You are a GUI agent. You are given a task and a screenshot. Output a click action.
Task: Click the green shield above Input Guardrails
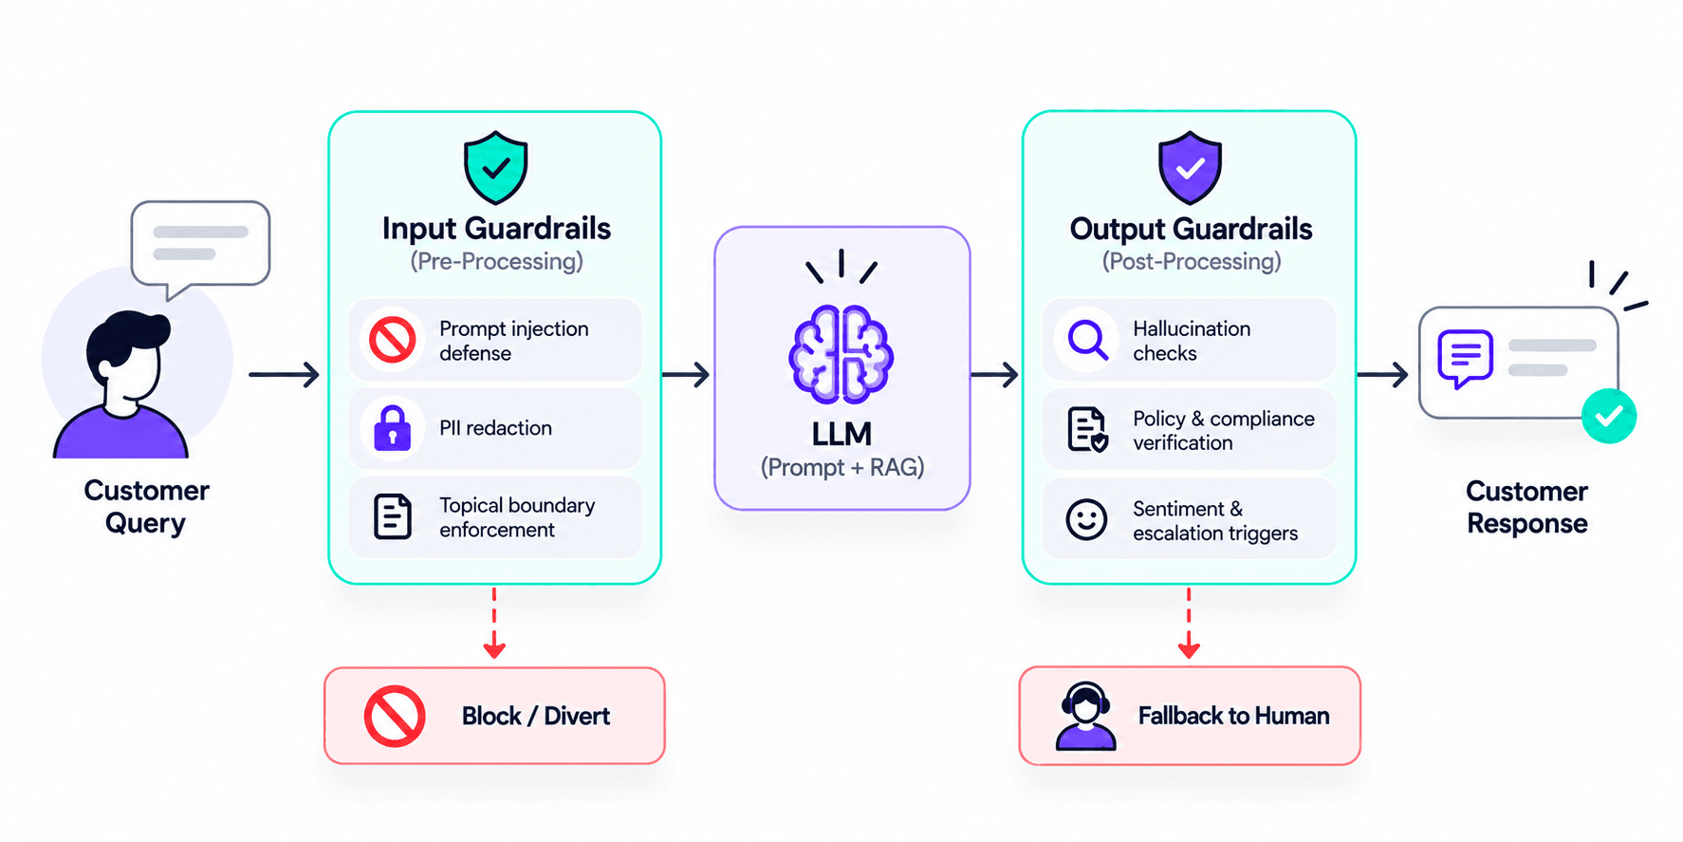[x=495, y=168]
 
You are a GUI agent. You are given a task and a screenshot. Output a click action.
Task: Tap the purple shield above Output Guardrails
[x=1190, y=168]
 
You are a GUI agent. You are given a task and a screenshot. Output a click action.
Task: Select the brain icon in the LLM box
[x=841, y=354]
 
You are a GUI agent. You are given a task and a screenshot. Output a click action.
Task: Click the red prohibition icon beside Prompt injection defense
[x=393, y=340]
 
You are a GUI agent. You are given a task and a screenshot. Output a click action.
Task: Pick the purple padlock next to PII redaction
[x=392, y=427]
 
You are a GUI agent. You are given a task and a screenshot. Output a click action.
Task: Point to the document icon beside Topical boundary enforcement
[x=392, y=516]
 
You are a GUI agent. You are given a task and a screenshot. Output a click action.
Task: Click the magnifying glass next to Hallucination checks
[x=1087, y=339]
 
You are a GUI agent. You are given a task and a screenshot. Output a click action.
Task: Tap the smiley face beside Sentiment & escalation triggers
[x=1086, y=519]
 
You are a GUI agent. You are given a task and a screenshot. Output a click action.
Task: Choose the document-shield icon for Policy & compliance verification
[x=1087, y=429]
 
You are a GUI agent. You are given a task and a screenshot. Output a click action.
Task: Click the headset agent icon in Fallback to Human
[x=1086, y=716]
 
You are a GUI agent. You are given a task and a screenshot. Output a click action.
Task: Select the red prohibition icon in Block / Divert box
[x=395, y=716]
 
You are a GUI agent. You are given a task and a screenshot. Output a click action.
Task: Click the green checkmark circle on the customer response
[x=1609, y=416]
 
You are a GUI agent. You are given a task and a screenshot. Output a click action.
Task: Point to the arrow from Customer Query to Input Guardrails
[x=284, y=375]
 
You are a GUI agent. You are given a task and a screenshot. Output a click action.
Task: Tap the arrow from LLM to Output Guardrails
[x=994, y=375]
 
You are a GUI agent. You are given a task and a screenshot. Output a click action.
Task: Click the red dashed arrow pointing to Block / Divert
[x=494, y=623]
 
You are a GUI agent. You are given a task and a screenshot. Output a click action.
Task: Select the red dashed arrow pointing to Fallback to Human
[x=1189, y=623]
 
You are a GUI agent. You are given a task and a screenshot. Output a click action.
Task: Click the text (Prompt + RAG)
[x=842, y=467]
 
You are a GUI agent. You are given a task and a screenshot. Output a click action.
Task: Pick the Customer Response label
[x=1526, y=507]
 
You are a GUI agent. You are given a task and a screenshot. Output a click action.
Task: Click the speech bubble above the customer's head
[x=200, y=249]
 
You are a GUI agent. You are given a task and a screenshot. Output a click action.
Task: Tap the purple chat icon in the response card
[x=1465, y=358]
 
